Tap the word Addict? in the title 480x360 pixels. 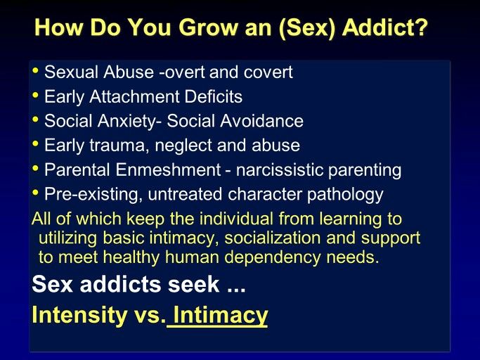[385, 27]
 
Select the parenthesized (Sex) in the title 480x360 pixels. [307, 27]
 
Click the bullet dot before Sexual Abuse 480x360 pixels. [36, 71]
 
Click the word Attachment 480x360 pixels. [134, 96]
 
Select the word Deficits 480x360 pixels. [214, 96]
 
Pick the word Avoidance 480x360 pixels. [261, 121]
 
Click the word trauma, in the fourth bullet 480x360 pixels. [117, 146]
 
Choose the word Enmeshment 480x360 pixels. [169, 169]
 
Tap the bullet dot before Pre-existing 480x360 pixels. [36, 193]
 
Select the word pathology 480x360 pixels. [345, 195]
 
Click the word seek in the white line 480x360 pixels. [193, 284]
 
